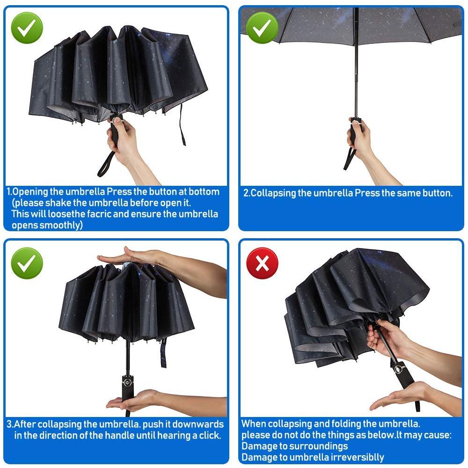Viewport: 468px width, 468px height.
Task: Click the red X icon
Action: [262, 263]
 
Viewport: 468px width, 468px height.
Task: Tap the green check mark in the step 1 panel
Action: [27, 28]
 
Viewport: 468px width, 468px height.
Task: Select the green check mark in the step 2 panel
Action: [262, 28]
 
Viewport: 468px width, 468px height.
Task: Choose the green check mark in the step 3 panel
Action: [27, 263]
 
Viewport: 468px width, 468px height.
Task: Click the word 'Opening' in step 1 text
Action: [30, 191]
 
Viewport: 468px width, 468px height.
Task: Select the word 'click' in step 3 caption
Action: [210, 435]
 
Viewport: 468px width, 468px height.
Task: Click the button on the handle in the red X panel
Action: [398, 369]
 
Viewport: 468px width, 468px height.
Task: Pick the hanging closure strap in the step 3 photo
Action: [163, 352]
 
